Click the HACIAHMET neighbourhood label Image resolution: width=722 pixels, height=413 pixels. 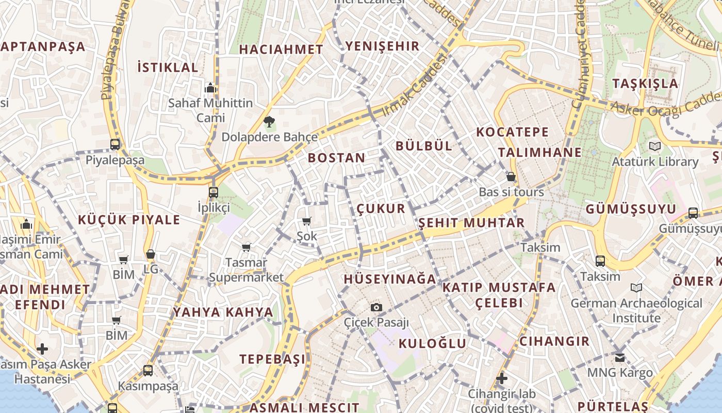click(281, 50)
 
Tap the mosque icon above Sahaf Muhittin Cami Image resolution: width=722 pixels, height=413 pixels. click(210, 88)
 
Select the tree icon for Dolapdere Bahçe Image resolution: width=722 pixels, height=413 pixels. click(269, 122)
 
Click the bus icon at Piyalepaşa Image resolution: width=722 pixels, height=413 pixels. click(115, 145)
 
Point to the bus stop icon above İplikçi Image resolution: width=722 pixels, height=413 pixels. click(214, 193)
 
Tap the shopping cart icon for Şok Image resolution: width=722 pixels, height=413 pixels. click(307, 221)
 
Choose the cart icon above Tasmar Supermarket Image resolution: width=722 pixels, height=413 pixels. click(247, 248)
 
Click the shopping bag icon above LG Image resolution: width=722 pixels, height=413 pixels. click(151, 254)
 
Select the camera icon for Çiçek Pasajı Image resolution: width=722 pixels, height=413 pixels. click(376, 308)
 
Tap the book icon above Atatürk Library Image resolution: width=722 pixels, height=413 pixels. click(655, 147)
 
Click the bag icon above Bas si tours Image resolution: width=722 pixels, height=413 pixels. click(511, 177)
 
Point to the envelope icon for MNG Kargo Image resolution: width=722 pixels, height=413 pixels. click(620, 357)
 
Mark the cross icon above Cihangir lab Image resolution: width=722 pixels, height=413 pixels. click(501, 379)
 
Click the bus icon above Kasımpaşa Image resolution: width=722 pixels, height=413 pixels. click(148, 370)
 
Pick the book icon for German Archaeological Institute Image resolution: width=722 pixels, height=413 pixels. click(636, 288)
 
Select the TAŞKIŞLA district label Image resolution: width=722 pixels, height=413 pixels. click(645, 83)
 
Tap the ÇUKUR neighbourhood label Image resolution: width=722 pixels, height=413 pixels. click(381, 209)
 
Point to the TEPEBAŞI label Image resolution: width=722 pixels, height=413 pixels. click(272, 359)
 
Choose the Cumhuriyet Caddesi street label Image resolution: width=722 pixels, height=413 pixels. click(579, 54)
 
